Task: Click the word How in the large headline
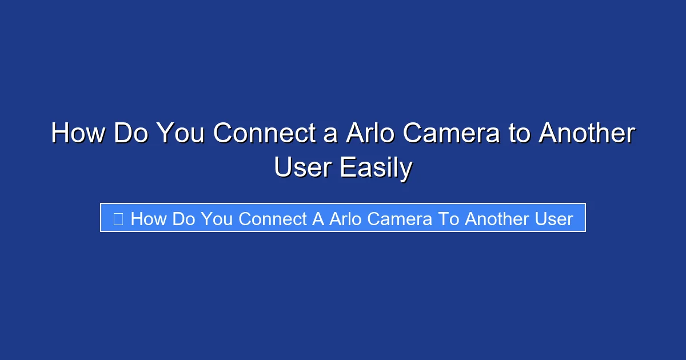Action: [x=78, y=134]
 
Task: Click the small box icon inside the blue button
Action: [x=118, y=219]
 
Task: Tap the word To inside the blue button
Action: [x=449, y=219]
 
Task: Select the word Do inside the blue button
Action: [x=184, y=219]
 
